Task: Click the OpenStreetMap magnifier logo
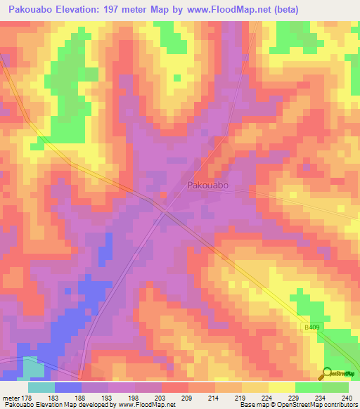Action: [x=326, y=373]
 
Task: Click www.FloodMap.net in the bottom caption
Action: [x=145, y=404]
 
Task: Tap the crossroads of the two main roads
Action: [x=165, y=209]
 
